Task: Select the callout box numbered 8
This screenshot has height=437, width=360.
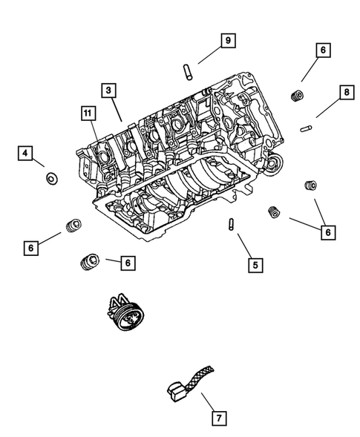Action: [345, 92]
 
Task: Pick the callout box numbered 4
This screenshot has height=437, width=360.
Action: [25, 154]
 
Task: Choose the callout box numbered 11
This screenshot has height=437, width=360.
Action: [88, 113]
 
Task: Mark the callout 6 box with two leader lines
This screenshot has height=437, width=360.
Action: [326, 232]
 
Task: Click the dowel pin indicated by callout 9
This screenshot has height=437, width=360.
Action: [188, 71]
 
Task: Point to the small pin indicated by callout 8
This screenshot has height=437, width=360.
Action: [304, 128]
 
